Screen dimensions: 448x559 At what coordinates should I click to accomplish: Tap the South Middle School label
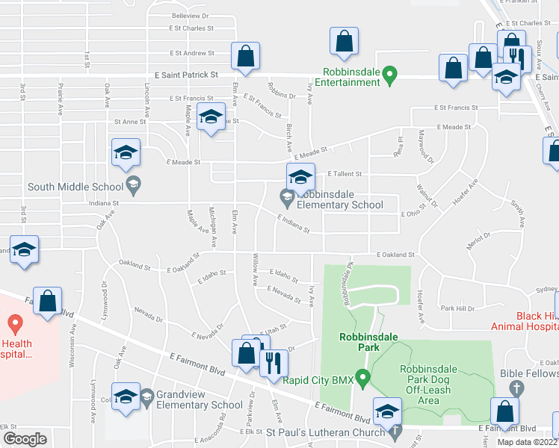(75, 187)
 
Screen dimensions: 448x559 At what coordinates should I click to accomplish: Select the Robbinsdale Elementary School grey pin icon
(286, 197)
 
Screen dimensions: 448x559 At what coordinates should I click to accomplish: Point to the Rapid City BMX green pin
(362, 378)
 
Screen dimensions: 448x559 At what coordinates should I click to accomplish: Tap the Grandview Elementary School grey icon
(146, 396)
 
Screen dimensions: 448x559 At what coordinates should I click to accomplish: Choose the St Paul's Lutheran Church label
(327, 432)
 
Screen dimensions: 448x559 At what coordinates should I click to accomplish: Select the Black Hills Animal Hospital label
(524, 320)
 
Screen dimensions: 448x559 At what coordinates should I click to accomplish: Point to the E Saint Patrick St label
(186, 75)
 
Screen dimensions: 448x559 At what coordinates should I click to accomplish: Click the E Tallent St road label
(345, 173)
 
